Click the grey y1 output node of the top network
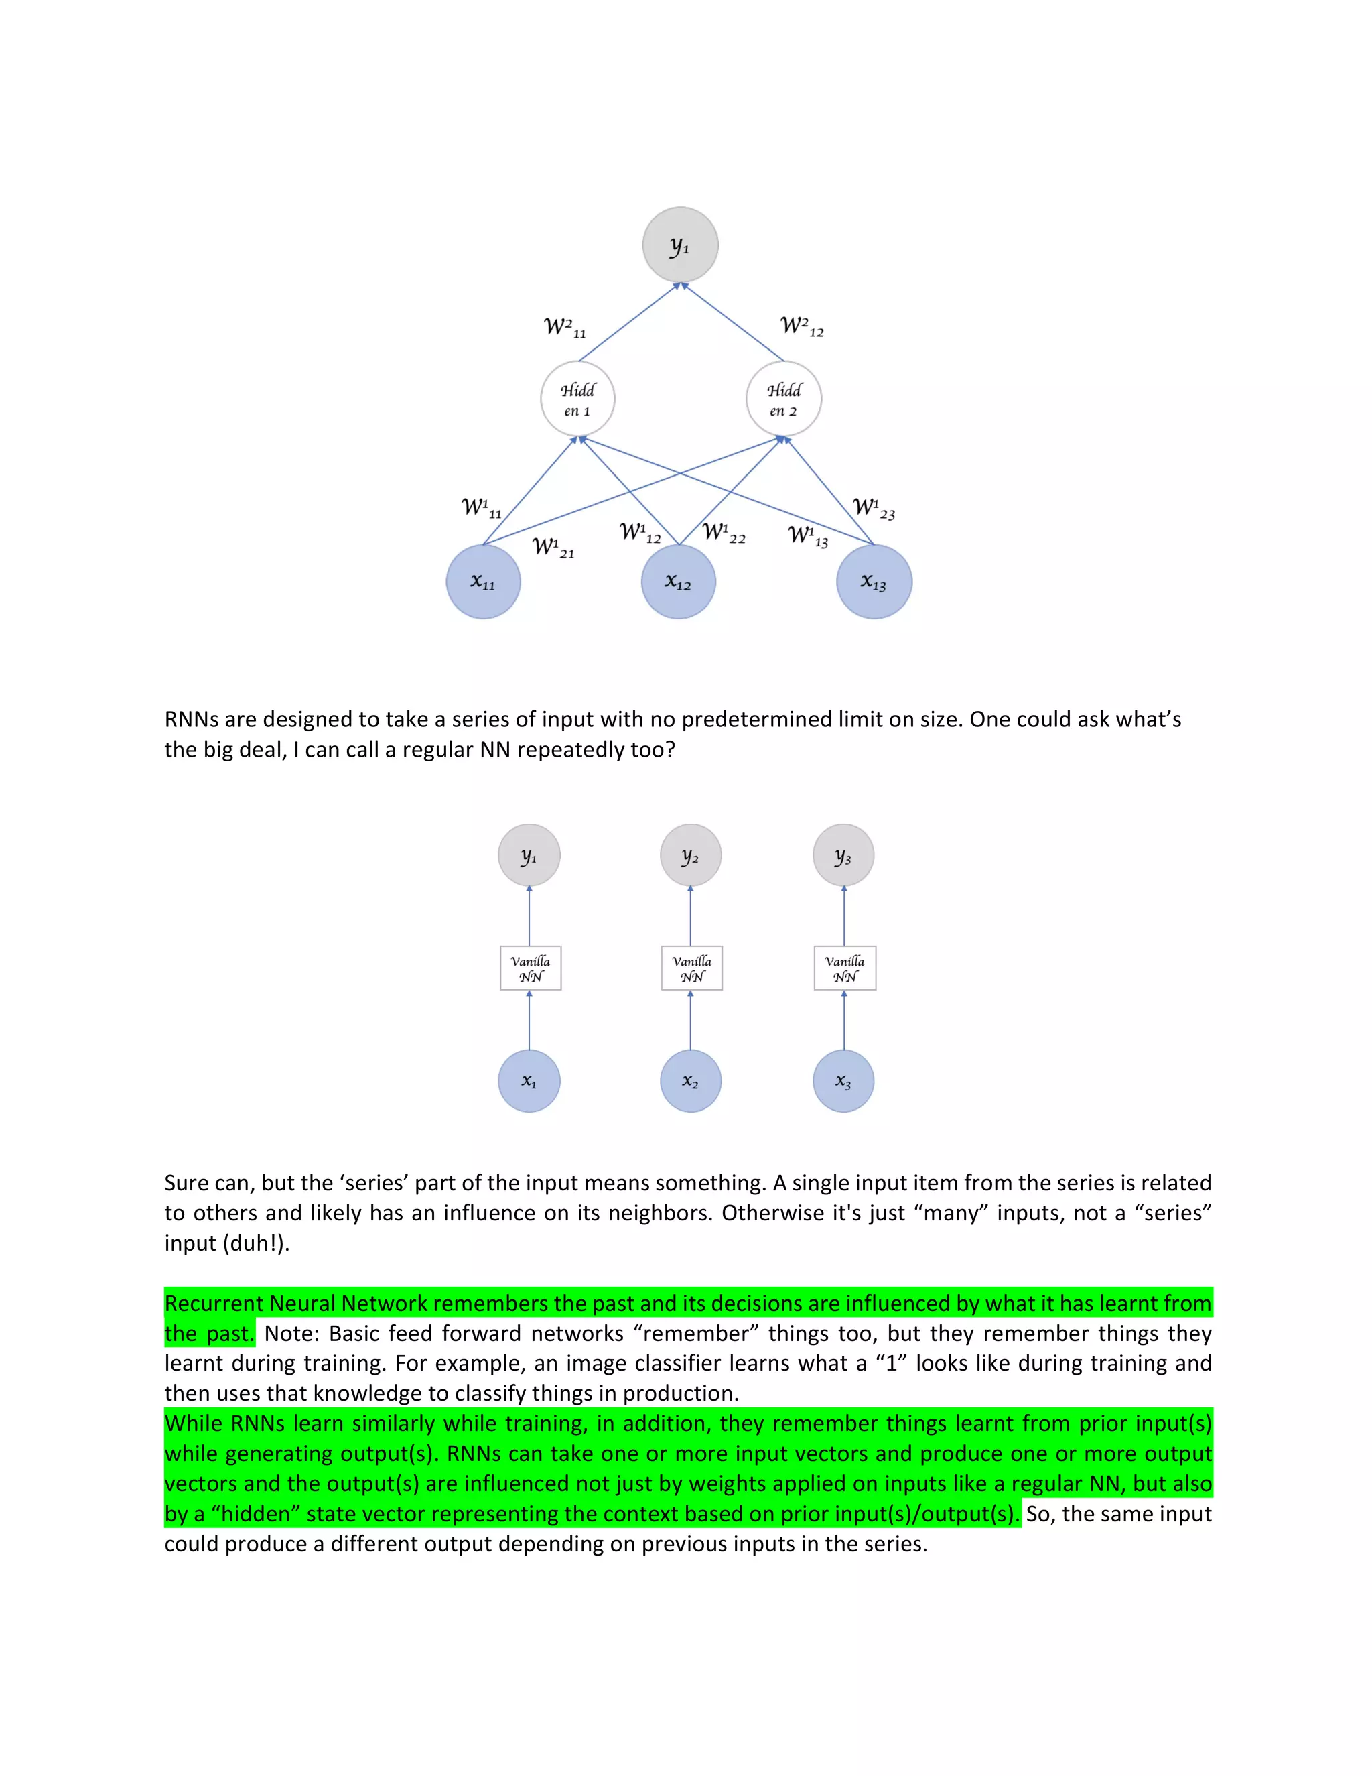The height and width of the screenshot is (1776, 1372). (x=681, y=245)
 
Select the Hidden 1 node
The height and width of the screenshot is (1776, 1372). (x=578, y=399)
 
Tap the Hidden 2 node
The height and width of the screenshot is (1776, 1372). (x=784, y=399)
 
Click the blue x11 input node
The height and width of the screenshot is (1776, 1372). (x=484, y=582)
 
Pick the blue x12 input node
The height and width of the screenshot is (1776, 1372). (x=679, y=582)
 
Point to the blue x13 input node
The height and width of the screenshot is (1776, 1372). (x=874, y=582)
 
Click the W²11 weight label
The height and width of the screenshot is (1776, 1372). (x=565, y=328)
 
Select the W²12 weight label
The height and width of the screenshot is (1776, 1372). (x=802, y=326)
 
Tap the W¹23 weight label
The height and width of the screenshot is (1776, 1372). (x=874, y=509)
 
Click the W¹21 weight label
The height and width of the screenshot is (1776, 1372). (x=553, y=548)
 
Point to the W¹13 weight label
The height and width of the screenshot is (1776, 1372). (x=809, y=536)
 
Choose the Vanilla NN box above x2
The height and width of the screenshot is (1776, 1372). (x=691, y=968)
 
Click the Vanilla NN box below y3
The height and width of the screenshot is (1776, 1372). (x=845, y=968)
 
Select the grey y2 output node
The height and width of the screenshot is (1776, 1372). (x=691, y=855)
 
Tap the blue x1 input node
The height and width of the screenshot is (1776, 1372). (x=529, y=1081)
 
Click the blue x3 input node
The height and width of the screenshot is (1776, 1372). (x=843, y=1081)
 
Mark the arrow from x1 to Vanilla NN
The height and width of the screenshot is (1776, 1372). (x=529, y=1021)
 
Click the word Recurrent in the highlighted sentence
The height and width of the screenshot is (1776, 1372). (x=214, y=1304)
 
